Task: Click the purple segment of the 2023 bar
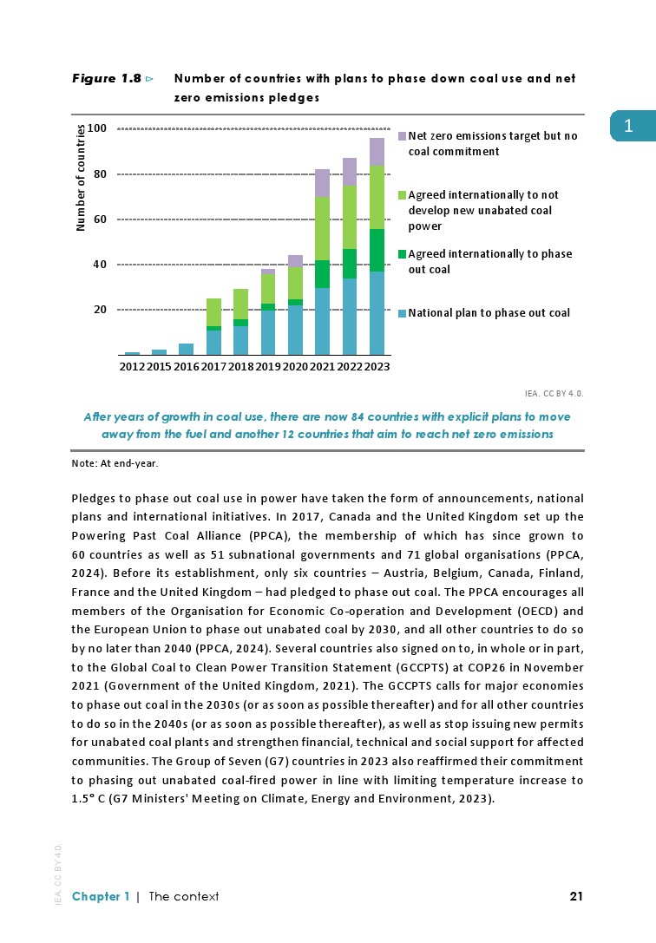377,152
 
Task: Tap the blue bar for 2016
186,349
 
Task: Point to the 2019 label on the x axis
268,367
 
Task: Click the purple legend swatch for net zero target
402,136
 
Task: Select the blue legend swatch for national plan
402,313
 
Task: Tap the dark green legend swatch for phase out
402,255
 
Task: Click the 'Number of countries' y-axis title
82,178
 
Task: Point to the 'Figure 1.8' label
106,79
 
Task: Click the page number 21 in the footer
575,896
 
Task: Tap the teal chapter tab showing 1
628,126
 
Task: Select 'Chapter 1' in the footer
101,896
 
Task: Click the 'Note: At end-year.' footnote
115,463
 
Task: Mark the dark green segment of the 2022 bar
349,264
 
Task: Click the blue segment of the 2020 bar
295,330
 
